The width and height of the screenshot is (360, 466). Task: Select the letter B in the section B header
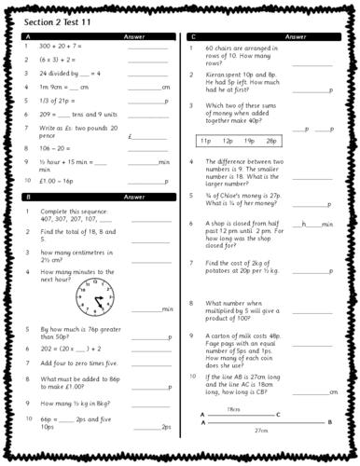click(26, 198)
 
